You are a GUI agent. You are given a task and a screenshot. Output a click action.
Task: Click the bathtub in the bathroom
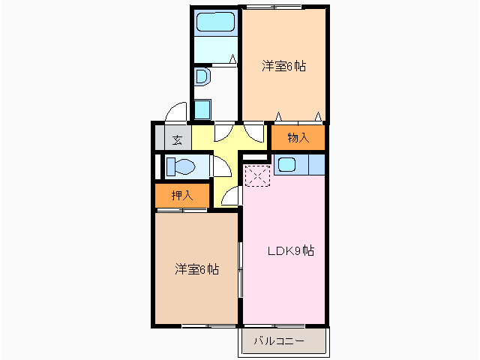coord(215,22)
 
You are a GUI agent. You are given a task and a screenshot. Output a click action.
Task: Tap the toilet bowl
coord(181,166)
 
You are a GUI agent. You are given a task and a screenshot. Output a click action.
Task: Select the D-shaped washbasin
coord(202,76)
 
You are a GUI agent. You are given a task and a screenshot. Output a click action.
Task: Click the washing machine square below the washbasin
coord(202,110)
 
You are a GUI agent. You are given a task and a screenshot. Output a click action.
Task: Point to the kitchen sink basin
coord(286,165)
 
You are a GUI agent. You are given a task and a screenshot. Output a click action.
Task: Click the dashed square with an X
coord(257,175)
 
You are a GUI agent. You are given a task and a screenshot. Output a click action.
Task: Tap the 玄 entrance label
coord(177,140)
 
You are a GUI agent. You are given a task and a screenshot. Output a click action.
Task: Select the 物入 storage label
coord(298,138)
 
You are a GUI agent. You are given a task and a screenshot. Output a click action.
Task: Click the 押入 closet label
coord(182,195)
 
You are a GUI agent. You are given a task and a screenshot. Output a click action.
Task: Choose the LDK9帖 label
coord(291,251)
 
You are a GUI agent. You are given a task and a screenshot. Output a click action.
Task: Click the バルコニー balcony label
coord(279,340)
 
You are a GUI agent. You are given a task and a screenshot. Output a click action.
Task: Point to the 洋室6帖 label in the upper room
coord(283,66)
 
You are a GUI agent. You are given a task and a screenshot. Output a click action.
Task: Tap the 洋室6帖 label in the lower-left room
coord(196,269)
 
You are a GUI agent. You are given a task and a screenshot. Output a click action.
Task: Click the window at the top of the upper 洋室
coord(273,7)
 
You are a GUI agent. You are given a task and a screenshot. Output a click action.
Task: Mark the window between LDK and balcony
coord(274,325)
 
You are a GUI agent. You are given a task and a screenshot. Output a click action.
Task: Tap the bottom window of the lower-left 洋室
coord(209,326)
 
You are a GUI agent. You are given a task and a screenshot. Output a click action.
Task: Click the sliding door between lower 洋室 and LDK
coord(241,269)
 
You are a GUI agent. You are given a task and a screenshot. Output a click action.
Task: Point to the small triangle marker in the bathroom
coord(233,58)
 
